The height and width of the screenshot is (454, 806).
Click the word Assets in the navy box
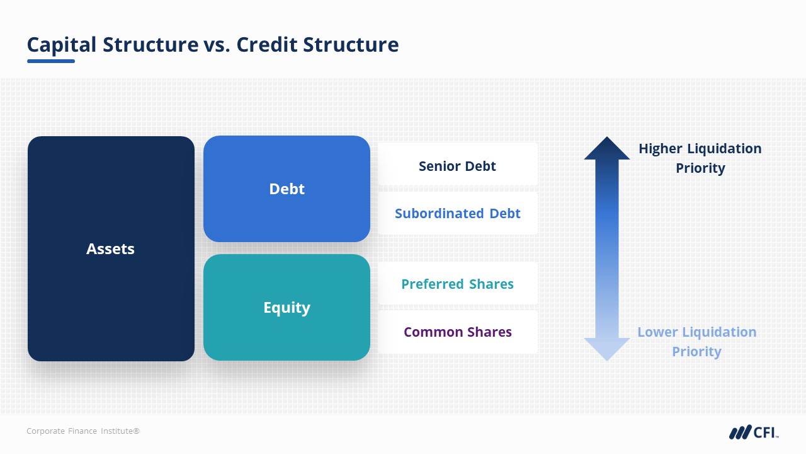[x=110, y=249]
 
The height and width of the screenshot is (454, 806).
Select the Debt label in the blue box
[x=287, y=189]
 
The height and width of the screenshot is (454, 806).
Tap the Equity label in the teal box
[x=287, y=308]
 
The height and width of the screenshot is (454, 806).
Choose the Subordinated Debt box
[x=457, y=213]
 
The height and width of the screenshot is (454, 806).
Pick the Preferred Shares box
[x=457, y=284]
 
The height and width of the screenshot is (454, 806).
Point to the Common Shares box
[x=457, y=332]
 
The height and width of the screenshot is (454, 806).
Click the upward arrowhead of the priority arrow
[x=606, y=149]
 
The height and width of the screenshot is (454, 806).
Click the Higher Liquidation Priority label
[x=700, y=158]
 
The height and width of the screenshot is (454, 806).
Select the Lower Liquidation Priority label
[x=696, y=341]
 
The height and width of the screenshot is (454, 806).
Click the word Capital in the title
[x=62, y=45]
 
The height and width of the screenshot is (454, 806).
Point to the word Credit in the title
[x=266, y=45]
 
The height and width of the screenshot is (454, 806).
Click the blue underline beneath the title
[x=51, y=61]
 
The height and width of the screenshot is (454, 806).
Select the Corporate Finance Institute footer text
[x=82, y=431]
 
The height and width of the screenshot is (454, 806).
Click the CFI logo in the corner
[x=754, y=432]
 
